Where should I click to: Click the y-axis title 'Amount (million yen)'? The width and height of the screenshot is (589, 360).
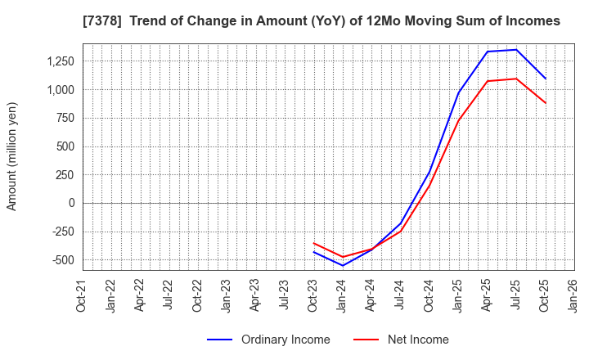(x=12, y=156)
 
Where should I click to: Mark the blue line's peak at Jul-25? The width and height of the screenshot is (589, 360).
(x=516, y=50)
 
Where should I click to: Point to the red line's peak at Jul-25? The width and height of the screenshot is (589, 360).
(x=516, y=79)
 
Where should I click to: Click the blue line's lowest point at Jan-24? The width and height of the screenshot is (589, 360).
(x=343, y=265)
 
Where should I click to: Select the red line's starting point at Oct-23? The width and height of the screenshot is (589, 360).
(x=314, y=243)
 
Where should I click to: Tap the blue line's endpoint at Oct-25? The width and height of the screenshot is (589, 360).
(x=545, y=79)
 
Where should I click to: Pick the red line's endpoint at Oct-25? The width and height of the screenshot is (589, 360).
(x=545, y=102)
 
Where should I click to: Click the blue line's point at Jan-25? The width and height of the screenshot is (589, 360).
(x=458, y=93)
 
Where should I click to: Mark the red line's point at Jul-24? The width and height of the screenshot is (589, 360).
(x=401, y=231)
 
